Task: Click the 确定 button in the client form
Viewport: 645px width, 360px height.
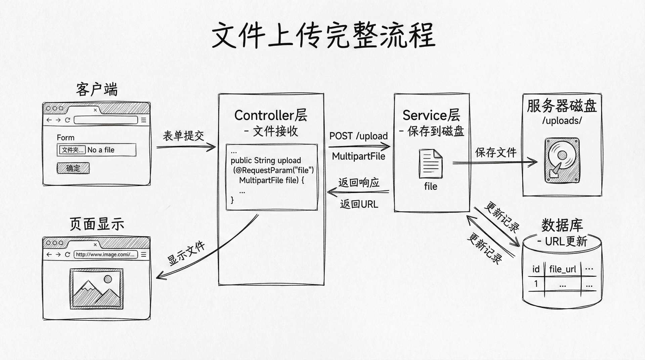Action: [x=73, y=168]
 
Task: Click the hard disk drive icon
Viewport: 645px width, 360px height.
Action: [x=562, y=160]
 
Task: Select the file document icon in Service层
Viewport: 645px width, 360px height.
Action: [x=430, y=164]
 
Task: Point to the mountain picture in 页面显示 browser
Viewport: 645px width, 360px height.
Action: [x=96, y=288]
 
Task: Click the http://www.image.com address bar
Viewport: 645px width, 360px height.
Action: [x=105, y=254]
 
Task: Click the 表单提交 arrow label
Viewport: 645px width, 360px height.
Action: [x=183, y=136]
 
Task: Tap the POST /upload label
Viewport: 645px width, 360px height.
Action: [x=358, y=136]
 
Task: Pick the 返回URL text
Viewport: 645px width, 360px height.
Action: [x=359, y=204]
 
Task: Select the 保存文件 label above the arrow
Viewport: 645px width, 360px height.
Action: [x=496, y=152]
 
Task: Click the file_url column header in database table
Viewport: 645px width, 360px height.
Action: [x=562, y=269]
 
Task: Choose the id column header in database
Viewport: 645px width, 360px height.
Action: [x=536, y=269]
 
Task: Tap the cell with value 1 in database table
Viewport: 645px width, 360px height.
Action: [x=536, y=284]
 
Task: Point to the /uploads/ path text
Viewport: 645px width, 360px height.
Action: [x=562, y=121]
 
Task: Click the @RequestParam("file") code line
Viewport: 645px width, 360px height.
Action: [x=273, y=170]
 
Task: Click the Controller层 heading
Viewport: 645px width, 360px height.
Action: [x=270, y=115]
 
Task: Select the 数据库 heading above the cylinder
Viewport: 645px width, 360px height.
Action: [x=562, y=225]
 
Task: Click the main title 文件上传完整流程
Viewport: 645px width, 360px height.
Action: [x=323, y=36]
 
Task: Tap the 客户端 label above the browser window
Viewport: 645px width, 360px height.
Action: [x=97, y=90]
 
